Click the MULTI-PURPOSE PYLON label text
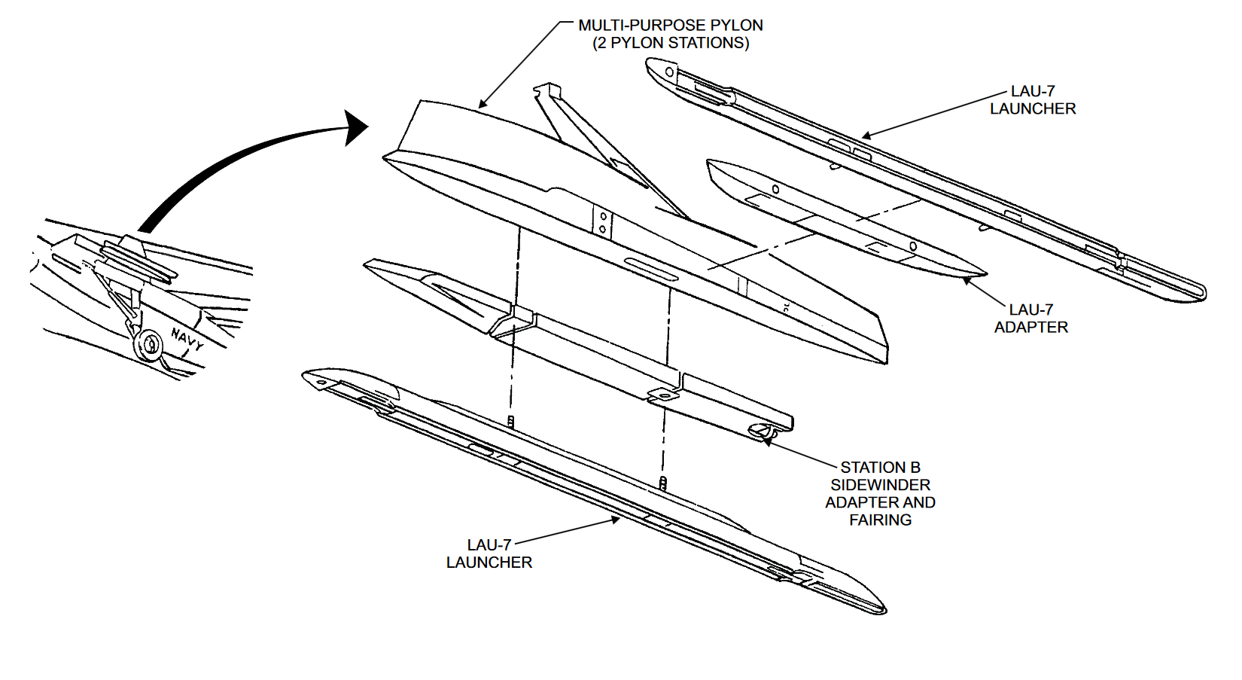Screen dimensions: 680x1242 coord(670,25)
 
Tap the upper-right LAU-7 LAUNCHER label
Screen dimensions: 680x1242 coord(1032,100)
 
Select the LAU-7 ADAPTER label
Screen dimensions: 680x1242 coord(1030,319)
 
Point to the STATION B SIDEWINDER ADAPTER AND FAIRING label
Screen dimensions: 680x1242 coord(880,493)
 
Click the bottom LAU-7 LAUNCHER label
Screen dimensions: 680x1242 coord(489,553)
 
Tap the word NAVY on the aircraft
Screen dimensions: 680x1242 coord(187,340)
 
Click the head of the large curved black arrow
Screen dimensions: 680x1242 coord(355,127)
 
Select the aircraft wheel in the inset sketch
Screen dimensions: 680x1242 coord(148,345)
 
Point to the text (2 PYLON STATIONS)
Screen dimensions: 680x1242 coord(670,43)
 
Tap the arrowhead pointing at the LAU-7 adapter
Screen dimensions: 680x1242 coord(967,282)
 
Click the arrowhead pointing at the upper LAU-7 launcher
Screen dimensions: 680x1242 coord(866,136)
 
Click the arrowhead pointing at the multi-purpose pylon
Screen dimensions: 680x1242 coord(482,105)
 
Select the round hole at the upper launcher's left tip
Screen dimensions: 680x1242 coord(669,72)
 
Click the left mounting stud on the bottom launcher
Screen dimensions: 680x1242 coord(510,422)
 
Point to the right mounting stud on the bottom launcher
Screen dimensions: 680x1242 coord(662,483)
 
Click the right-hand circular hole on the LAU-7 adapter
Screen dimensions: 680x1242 coord(912,246)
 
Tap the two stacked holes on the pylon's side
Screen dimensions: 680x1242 coord(602,223)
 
